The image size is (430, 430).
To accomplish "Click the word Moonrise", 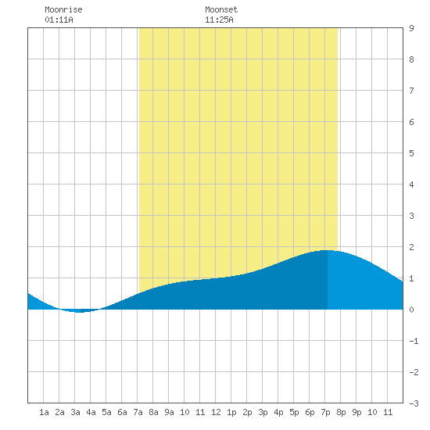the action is [x=63, y=9].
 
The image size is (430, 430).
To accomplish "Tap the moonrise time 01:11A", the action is [x=59, y=20].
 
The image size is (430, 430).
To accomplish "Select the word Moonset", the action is [x=221, y=9].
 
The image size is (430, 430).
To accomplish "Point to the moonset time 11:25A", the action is [x=219, y=20].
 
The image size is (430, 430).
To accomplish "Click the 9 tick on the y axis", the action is [x=411, y=28].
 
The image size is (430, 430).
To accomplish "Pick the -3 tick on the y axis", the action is [x=414, y=403].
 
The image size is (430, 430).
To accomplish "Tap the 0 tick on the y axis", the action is [x=411, y=310].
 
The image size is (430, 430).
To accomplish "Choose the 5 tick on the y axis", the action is [x=411, y=153].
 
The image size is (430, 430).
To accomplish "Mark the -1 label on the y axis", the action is [x=414, y=341].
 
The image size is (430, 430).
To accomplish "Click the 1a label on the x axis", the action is [x=44, y=412].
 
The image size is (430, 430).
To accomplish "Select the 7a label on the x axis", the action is [x=138, y=412].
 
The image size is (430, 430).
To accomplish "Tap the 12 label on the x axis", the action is [x=216, y=412].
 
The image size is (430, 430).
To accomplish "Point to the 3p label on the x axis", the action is [x=263, y=412].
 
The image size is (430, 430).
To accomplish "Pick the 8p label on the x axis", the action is [x=341, y=412].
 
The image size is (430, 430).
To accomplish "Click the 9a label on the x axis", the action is [x=169, y=412].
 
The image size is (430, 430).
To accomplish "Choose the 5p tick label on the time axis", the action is [x=294, y=412].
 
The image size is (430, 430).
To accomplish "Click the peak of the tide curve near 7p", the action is [x=326, y=250].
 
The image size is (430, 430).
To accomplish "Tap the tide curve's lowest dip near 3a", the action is [x=80, y=312].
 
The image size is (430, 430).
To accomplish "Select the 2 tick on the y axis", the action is [x=411, y=247].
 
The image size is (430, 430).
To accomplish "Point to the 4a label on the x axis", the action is [x=91, y=412].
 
